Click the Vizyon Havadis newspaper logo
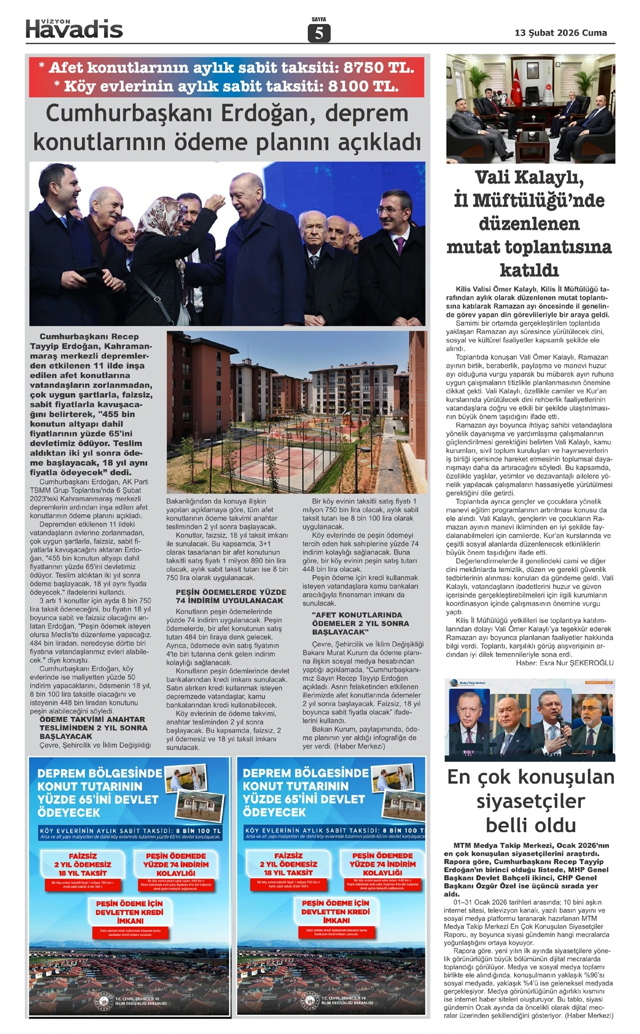[74, 29]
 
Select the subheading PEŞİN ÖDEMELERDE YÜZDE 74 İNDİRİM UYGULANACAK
[231, 596]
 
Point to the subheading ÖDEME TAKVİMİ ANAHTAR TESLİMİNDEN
[93, 728]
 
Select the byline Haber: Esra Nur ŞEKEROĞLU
[564, 663]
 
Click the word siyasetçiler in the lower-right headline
[530, 801]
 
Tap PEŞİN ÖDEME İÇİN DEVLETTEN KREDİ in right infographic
[335, 912]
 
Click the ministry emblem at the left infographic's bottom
[101, 1000]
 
